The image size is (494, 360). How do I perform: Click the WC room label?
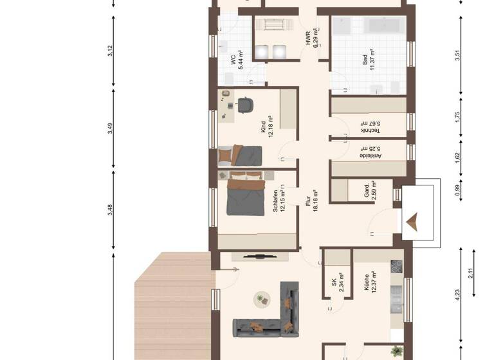(236, 60)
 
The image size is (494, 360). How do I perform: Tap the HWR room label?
(311, 39)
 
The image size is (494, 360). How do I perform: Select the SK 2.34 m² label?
(337, 285)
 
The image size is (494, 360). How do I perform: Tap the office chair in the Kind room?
(245, 104)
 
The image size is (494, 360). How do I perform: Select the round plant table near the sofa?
(261, 299)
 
